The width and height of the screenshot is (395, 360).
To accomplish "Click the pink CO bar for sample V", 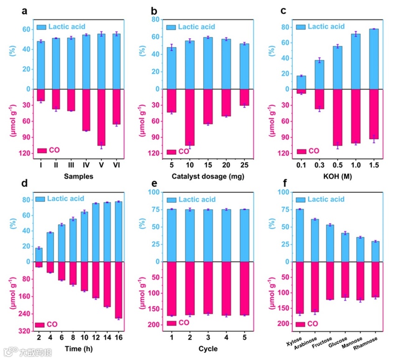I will click(x=101, y=117).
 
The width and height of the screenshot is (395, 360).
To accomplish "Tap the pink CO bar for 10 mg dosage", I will click(x=190, y=117).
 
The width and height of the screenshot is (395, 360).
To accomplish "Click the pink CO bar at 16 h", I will click(x=119, y=289).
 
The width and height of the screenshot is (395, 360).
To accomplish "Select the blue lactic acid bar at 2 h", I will click(x=39, y=254).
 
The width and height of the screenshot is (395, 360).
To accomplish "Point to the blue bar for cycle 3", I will click(x=208, y=235).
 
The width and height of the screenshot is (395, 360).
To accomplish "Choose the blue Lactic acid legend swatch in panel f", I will click(x=301, y=199).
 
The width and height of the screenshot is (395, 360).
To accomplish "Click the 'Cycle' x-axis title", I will click(x=208, y=348).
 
